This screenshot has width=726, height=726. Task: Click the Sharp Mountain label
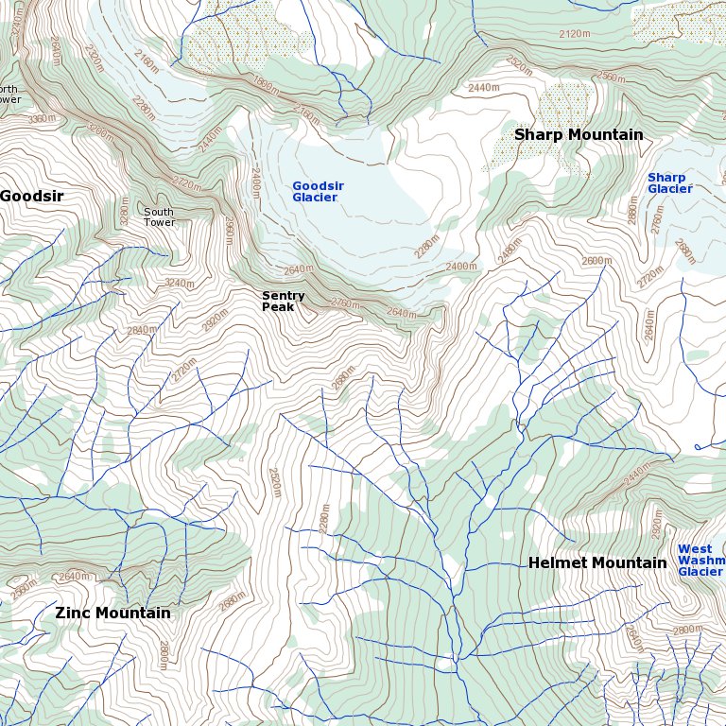click(x=578, y=135)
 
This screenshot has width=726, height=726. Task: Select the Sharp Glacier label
click(x=668, y=183)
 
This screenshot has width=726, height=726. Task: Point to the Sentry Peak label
click(x=283, y=302)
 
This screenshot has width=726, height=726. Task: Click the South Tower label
click(x=159, y=216)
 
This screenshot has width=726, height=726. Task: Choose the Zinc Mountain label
click(x=112, y=613)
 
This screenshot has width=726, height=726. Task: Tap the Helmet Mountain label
click(x=596, y=563)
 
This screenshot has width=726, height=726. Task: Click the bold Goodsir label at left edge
click(x=31, y=196)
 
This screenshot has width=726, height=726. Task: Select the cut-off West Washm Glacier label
click(x=700, y=561)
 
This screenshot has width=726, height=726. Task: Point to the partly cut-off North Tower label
click(x=9, y=95)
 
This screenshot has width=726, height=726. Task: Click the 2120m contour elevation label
click(x=578, y=34)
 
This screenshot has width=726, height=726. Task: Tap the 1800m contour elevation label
click(x=268, y=84)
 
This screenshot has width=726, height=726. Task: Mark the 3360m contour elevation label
click(x=41, y=118)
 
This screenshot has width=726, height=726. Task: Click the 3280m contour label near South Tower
click(x=125, y=215)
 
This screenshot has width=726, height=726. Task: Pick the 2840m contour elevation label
click(x=142, y=330)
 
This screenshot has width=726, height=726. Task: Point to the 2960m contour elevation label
click(x=228, y=232)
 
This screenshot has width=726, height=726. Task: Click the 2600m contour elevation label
click(x=596, y=261)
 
